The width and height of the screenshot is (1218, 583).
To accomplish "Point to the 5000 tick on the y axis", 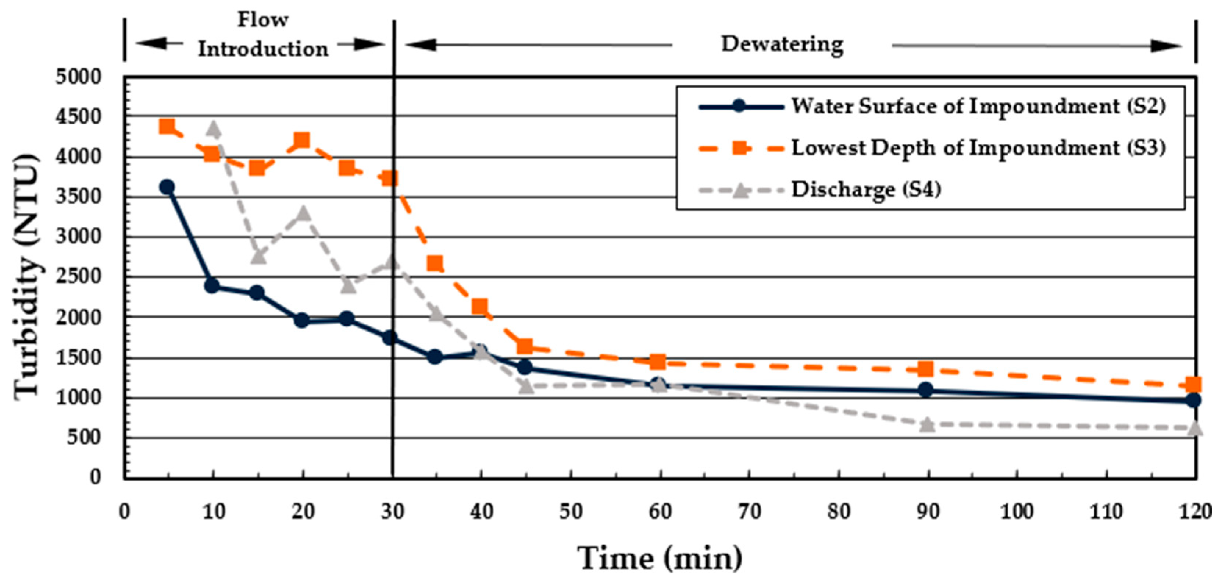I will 78,77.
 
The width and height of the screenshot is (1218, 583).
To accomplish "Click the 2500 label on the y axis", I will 78,276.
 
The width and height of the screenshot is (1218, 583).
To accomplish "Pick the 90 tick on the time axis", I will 928,512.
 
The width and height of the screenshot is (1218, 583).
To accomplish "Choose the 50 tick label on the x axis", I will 571,512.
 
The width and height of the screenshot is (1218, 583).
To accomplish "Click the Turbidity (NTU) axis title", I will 26,277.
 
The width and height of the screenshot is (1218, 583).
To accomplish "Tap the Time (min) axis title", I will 660,558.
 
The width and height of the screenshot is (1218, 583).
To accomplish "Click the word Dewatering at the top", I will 782,45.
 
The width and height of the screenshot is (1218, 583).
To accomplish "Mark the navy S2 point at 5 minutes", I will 167,187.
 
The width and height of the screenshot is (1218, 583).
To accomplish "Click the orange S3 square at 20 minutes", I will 302,140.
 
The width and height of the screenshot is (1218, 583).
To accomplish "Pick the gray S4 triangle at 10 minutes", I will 213,128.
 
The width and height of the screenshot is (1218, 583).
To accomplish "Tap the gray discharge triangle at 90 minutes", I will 928,424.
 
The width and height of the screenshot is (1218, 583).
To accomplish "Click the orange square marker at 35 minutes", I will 435,263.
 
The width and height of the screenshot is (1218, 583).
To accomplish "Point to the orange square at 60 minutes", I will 658,362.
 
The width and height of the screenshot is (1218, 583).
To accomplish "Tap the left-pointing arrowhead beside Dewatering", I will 418,45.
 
